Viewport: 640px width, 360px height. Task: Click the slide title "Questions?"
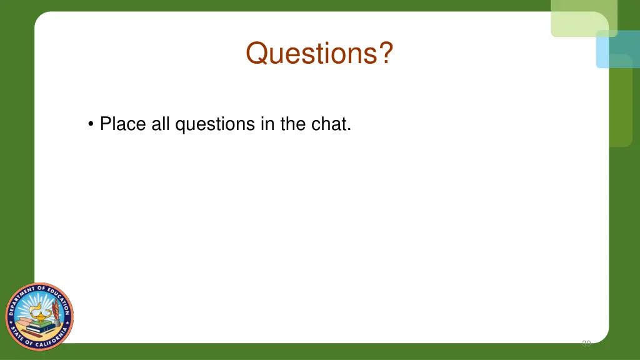click(x=319, y=53)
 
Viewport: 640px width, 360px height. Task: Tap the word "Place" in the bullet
click(x=122, y=124)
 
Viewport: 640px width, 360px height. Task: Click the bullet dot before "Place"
click(x=92, y=124)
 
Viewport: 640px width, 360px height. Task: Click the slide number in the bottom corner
click(x=586, y=343)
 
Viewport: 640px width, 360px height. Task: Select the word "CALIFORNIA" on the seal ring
click(x=47, y=340)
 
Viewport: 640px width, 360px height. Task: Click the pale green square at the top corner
click(x=583, y=17)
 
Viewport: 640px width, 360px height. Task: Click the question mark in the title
click(x=387, y=53)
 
